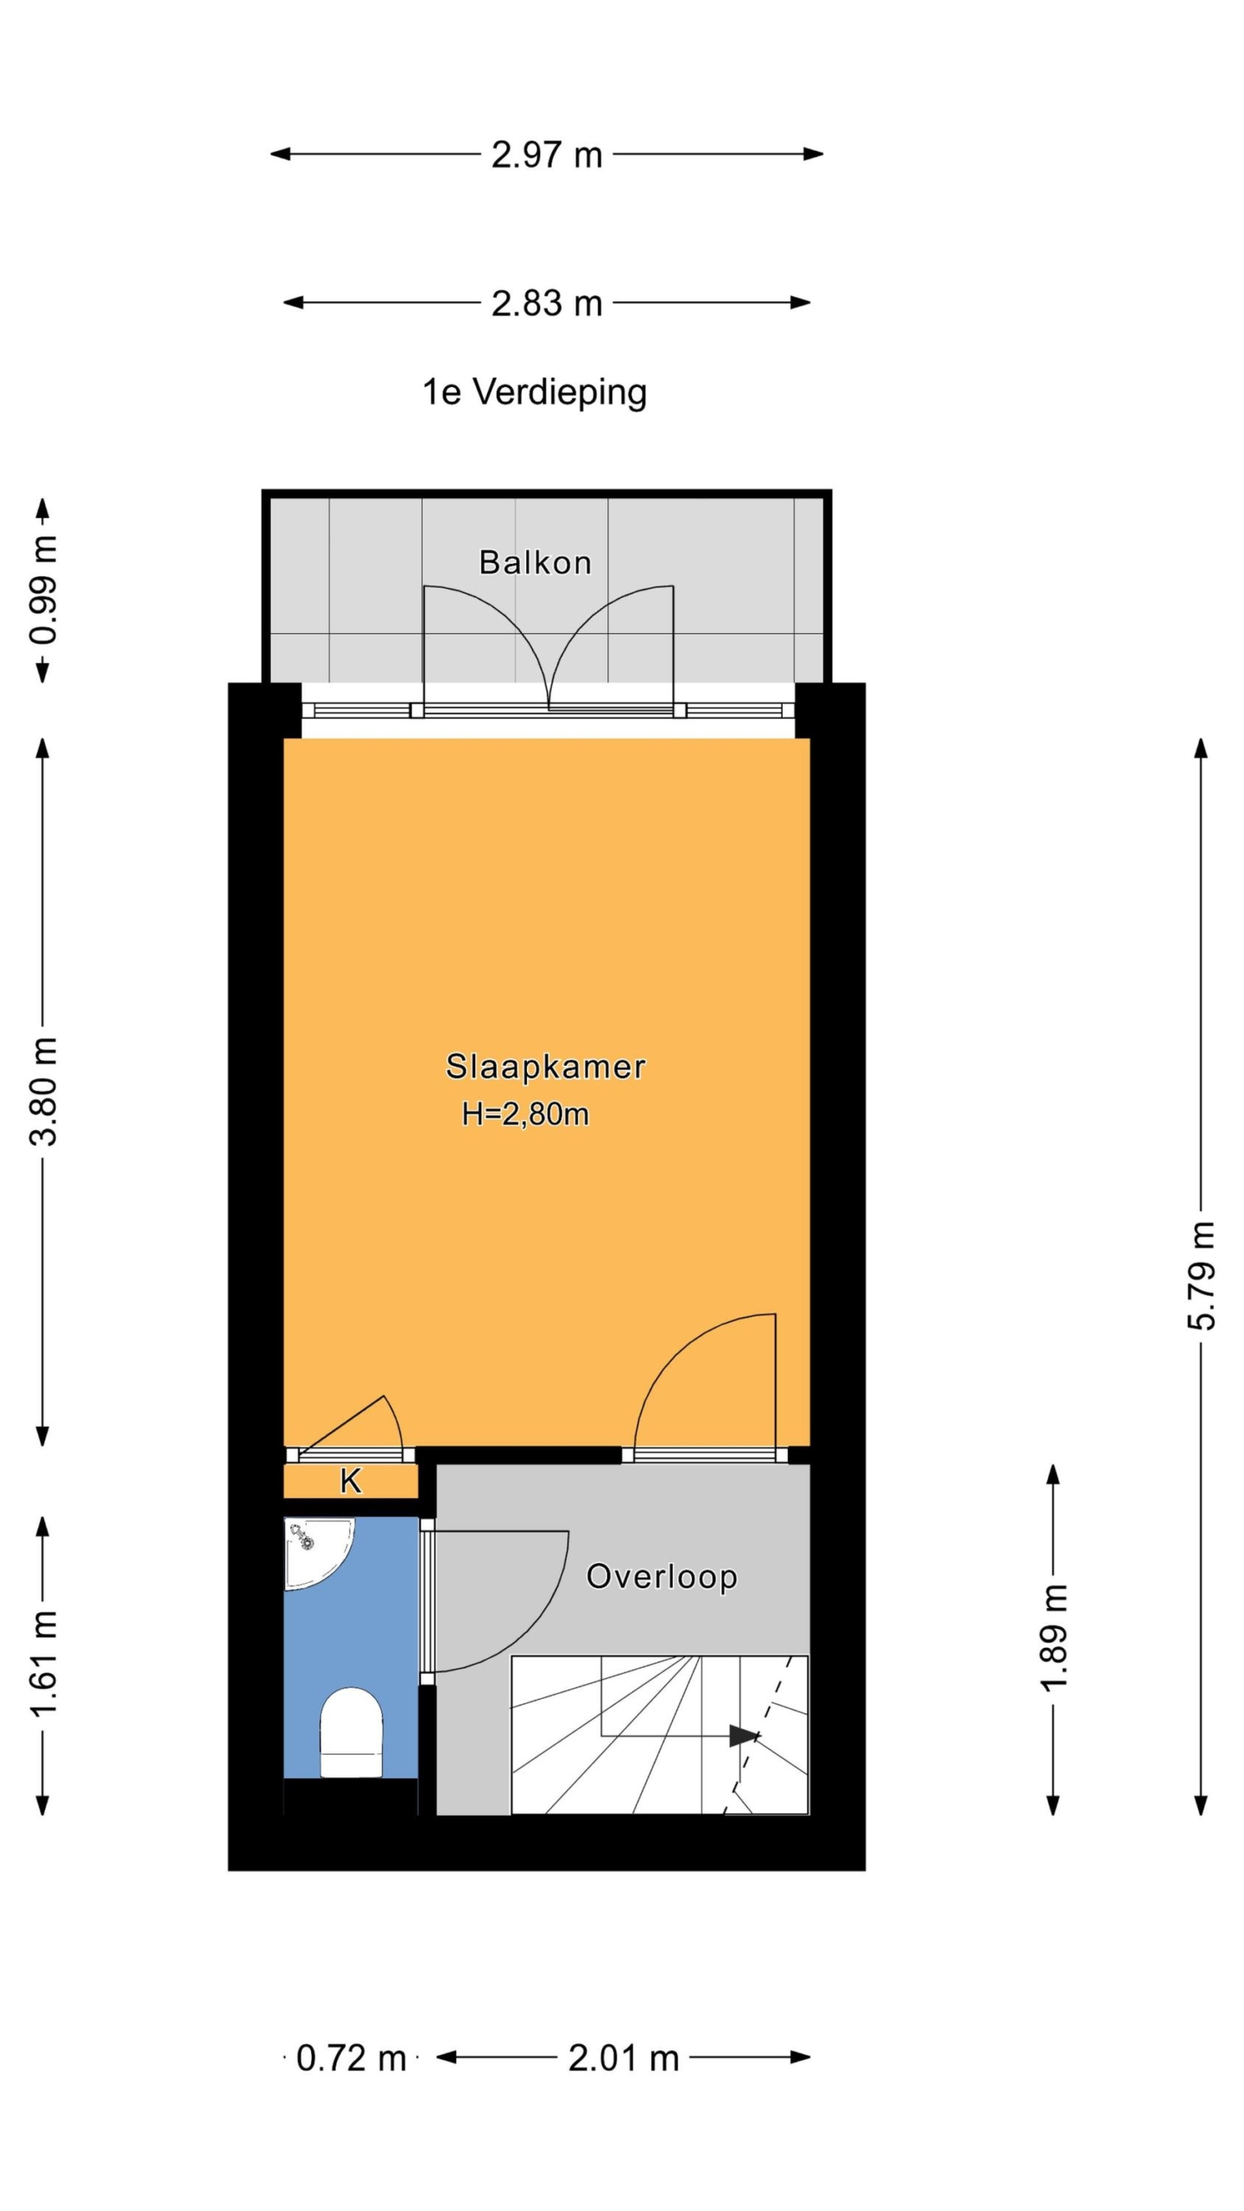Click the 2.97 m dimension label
click(546, 155)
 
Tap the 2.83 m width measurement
click(546, 304)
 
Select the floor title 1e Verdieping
click(534, 393)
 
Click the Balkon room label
click(535, 563)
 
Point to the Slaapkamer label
click(545, 1067)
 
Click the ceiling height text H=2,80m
click(525, 1114)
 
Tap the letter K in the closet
click(350, 1481)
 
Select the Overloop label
click(661, 1577)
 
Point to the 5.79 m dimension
click(1201, 1275)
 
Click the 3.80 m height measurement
click(43, 1092)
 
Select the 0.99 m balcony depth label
click(43, 590)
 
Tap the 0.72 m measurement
click(351, 2059)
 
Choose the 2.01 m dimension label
click(623, 2059)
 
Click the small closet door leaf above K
click(341, 1425)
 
